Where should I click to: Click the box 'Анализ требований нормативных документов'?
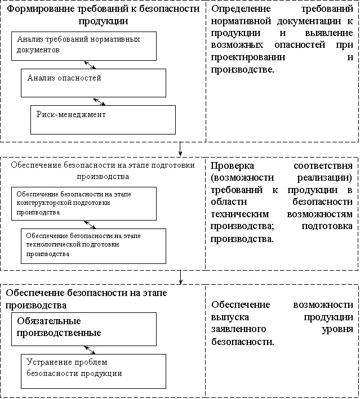85,46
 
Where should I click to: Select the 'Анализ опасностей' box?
94,83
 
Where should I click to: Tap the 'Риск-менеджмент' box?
103,119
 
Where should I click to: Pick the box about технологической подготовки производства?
94,245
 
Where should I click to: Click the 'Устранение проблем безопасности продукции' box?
94,370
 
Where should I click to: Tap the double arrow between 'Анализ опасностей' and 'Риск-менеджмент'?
99,101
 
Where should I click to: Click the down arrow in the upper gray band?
180,149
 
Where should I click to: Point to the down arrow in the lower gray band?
180,277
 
